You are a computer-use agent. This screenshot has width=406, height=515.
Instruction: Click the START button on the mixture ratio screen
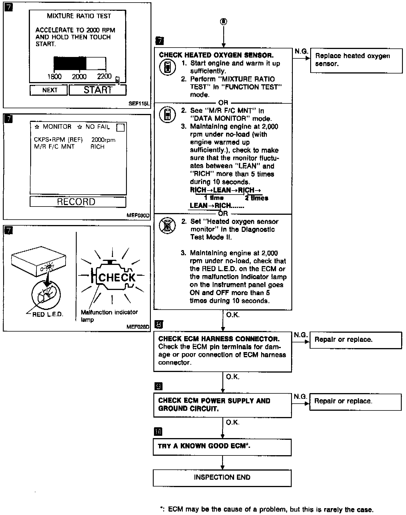98,90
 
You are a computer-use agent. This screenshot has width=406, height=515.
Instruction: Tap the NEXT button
49,90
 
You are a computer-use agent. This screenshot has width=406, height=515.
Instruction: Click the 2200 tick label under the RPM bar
104,76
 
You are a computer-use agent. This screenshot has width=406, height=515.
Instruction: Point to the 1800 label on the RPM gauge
54,76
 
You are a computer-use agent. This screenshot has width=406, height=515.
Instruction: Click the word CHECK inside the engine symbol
117,277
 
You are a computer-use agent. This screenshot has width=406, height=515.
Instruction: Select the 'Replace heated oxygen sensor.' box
356,60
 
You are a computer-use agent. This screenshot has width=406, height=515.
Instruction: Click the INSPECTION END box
222,478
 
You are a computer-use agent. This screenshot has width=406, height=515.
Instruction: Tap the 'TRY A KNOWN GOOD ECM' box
222,446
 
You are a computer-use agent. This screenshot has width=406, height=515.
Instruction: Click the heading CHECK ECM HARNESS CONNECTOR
219,339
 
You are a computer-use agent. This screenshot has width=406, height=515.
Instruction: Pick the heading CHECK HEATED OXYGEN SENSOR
216,55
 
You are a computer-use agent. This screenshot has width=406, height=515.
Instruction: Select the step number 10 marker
158,432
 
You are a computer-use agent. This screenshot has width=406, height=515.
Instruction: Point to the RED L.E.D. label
48,314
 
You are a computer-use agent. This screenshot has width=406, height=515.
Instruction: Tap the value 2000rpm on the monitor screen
103,140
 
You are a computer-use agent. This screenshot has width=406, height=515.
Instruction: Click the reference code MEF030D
138,215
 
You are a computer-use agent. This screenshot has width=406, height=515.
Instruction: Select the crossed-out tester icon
167,226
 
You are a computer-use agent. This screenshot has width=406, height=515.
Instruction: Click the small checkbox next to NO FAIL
121,128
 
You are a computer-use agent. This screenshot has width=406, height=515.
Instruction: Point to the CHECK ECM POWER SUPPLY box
222,405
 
